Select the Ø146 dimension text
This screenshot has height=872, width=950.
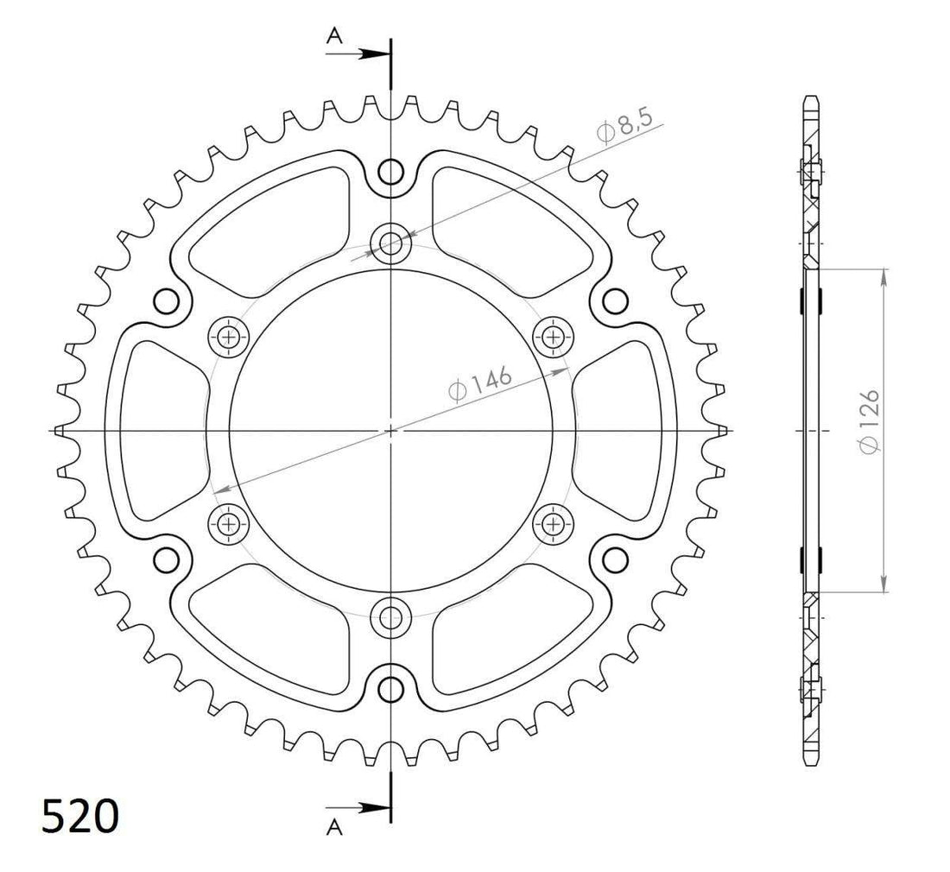click(x=481, y=385)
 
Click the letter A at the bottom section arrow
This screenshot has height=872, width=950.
click(x=334, y=827)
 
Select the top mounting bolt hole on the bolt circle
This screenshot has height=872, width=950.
click(x=391, y=243)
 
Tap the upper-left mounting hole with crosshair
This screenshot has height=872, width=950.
click(x=229, y=336)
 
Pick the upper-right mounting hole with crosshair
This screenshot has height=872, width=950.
click(x=553, y=336)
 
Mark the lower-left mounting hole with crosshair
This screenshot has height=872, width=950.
click(x=229, y=522)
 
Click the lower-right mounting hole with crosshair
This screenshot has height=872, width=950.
click(x=553, y=522)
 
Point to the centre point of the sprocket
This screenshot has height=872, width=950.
click(x=391, y=429)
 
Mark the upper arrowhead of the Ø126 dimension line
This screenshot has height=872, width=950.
click(x=883, y=275)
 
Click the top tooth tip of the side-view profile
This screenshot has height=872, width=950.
click(x=811, y=97)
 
